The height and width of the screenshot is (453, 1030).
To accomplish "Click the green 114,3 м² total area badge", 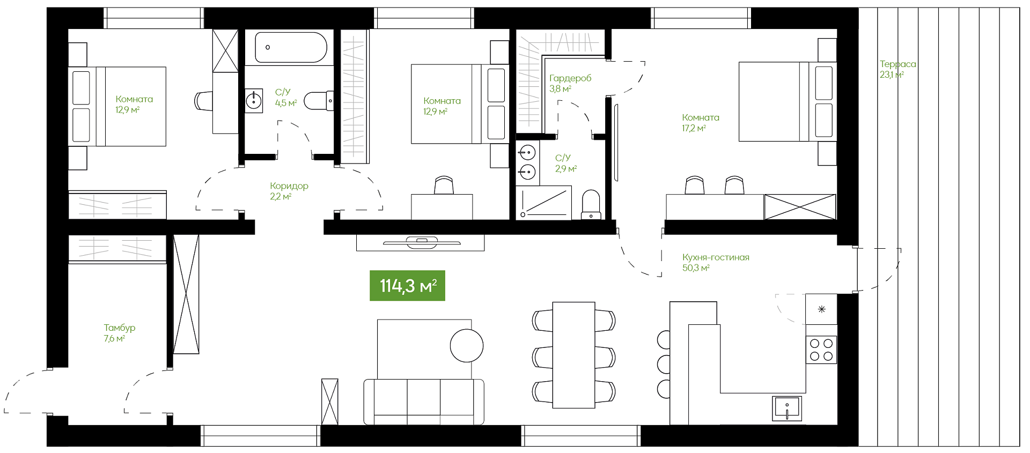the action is tap(407, 286).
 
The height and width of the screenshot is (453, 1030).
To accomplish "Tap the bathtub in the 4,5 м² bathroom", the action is tap(291, 48).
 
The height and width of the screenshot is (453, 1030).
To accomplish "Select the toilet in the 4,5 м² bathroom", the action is tap(319, 101).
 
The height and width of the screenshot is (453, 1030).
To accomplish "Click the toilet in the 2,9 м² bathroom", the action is tap(591, 205).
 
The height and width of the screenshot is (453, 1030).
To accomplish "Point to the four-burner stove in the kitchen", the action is tap(821, 350).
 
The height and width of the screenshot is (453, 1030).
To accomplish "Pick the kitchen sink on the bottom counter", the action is tap(787, 409).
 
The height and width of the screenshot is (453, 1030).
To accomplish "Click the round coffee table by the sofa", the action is tap(467, 345).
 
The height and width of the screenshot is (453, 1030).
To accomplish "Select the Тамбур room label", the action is tap(120, 328).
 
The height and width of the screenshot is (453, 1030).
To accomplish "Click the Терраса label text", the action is tap(897, 64).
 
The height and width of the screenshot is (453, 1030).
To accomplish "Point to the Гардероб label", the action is tap(570, 78).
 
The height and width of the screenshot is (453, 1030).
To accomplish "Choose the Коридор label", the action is tap(289, 186).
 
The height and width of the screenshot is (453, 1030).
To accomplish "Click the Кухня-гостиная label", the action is tap(716, 257).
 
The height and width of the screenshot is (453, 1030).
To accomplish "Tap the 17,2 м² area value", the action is tap(694, 129).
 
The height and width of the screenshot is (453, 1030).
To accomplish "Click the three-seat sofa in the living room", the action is tap(424, 402).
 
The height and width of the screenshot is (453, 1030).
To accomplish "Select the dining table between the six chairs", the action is tap(573, 355).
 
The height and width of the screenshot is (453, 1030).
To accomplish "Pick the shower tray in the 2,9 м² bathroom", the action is tap(543, 203).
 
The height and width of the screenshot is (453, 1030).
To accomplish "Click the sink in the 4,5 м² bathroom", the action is tap(254, 101).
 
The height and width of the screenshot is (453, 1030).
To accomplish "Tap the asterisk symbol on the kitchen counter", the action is tap(821, 309).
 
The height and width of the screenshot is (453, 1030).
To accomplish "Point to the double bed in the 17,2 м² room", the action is tap(788, 102).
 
